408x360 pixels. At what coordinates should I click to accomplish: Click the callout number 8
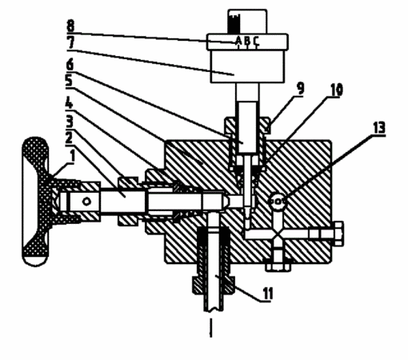[70, 26]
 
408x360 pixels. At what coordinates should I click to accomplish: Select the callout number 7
[71, 42]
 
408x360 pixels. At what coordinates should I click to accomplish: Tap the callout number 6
[70, 65]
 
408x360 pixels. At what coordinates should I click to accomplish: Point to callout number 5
[69, 81]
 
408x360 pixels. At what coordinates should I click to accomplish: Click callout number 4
[69, 102]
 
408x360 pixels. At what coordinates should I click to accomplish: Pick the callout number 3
[70, 122]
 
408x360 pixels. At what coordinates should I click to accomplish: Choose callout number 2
[69, 138]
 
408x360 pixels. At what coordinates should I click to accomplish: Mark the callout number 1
[71, 157]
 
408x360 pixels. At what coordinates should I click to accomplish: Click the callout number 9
[300, 89]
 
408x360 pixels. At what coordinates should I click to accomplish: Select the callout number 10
[337, 90]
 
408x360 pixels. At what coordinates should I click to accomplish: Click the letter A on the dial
[238, 41]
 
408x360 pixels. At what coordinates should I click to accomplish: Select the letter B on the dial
[247, 41]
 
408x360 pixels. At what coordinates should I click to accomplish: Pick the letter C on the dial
[256, 41]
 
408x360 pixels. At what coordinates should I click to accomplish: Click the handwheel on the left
[36, 202]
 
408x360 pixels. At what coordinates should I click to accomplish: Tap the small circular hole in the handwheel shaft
[86, 202]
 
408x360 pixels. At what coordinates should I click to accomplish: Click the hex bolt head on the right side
[338, 234]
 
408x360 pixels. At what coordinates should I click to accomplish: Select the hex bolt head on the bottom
[278, 266]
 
